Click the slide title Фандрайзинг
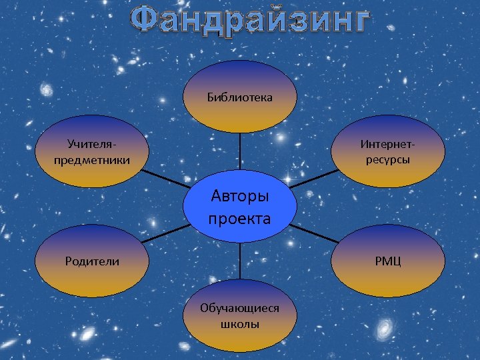click(x=249, y=20)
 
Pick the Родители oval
click(x=92, y=261)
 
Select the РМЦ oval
click(x=387, y=261)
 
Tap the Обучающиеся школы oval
click(x=239, y=315)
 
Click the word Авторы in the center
click(x=239, y=196)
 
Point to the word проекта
click(x=239, y=218)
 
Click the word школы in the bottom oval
click(x=239, y=325)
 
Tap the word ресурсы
click(x=387, y=160)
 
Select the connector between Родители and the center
click(x=165, y=233)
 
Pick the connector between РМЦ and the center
click(x=313, y=233)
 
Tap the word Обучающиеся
click(x=239, y=307)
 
